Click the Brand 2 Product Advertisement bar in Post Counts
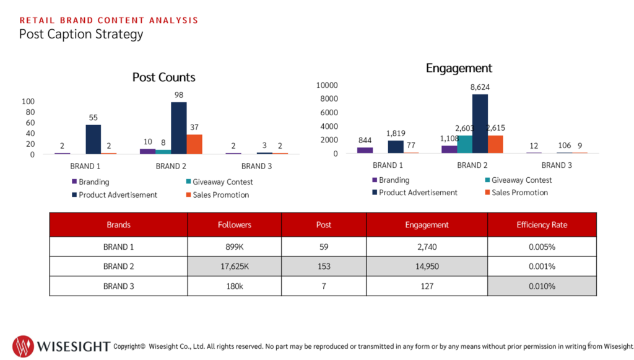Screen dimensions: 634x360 [179, 128]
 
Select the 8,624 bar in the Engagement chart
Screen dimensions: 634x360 [480, 124]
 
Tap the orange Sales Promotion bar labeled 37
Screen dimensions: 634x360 [194, 144]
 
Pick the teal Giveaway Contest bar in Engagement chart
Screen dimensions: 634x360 [464, 144]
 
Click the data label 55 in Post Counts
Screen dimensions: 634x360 [93, 118]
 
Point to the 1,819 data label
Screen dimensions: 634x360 [396, 133]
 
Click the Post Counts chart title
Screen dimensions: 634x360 [163, 77]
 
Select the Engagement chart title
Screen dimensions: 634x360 [459, 68]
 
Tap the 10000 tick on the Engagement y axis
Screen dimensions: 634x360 [327, 86]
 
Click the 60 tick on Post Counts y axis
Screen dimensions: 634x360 [30, 123]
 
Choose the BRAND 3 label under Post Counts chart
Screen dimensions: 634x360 [256, 166]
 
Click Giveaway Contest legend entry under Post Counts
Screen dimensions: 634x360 [220, 182]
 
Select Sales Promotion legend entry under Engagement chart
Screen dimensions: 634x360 [517, 193]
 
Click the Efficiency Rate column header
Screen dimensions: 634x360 [542, 225]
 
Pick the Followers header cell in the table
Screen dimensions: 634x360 [235, 225]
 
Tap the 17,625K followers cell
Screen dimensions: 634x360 [235, 266]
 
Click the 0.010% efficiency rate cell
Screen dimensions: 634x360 [542, 286]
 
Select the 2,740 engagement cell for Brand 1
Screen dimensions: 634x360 [427, 247]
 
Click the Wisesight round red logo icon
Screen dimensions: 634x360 [23, 346]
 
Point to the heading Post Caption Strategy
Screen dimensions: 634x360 [81, 34]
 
